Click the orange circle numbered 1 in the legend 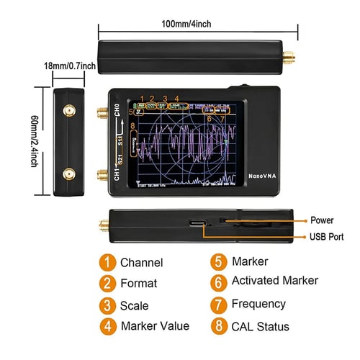coord(107,263)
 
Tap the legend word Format coord(139,284)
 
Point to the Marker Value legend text coord(155,325)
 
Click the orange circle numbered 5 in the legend coord(217,262)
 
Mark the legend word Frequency coord(258,304)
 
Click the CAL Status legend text coord(261,326)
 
